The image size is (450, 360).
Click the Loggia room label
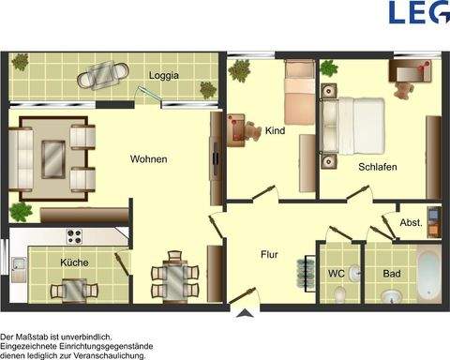(164, 75)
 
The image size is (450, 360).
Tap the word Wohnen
(148, 159)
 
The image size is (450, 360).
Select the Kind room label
(275, 130)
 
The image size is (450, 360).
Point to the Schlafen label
(377, 167)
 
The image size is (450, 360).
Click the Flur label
(271, 253)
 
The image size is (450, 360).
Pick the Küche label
(74, 262)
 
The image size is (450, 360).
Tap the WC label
(337, 274)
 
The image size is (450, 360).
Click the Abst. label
(411, 222)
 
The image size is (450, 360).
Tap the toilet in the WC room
(339, 293)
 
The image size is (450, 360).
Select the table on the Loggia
(99, 76)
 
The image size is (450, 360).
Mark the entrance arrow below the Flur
(247, 314)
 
